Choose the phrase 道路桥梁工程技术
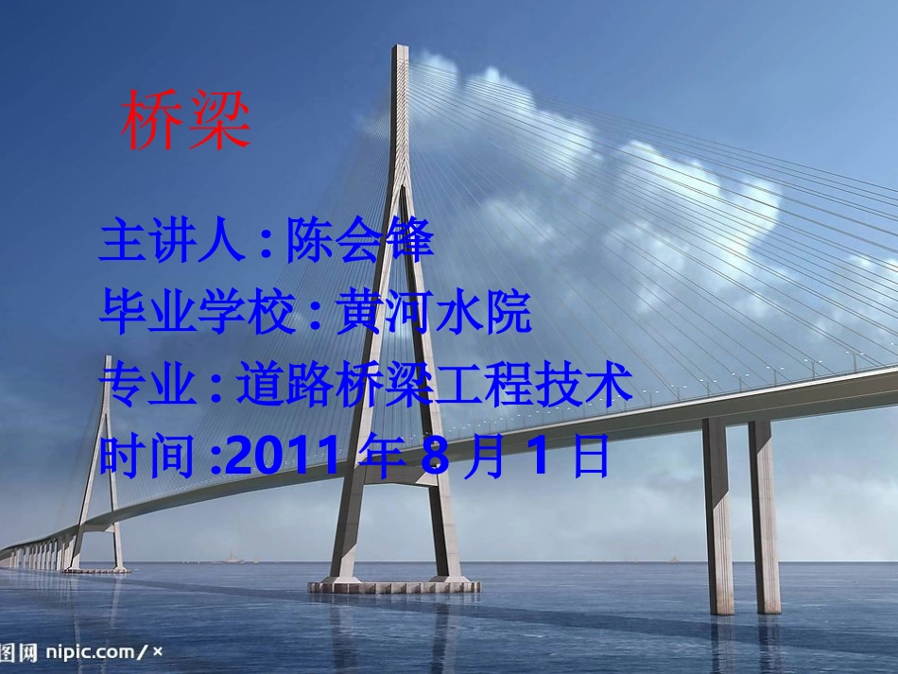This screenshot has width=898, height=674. [434, 386]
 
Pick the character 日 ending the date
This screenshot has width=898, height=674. [591, 458]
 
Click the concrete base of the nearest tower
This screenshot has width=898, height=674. [394, 586]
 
